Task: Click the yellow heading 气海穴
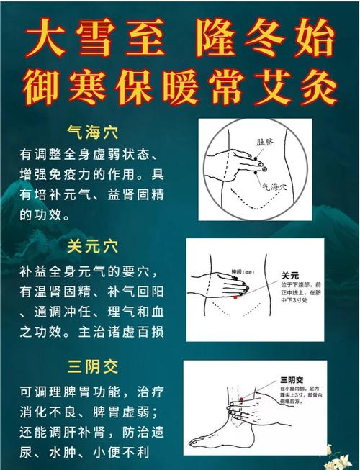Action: (93, 133)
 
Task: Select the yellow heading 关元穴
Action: (93, 247)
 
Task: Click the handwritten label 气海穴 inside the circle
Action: (274, 186)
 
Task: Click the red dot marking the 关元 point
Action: (235, 297)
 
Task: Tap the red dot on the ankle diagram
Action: (243, 398)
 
